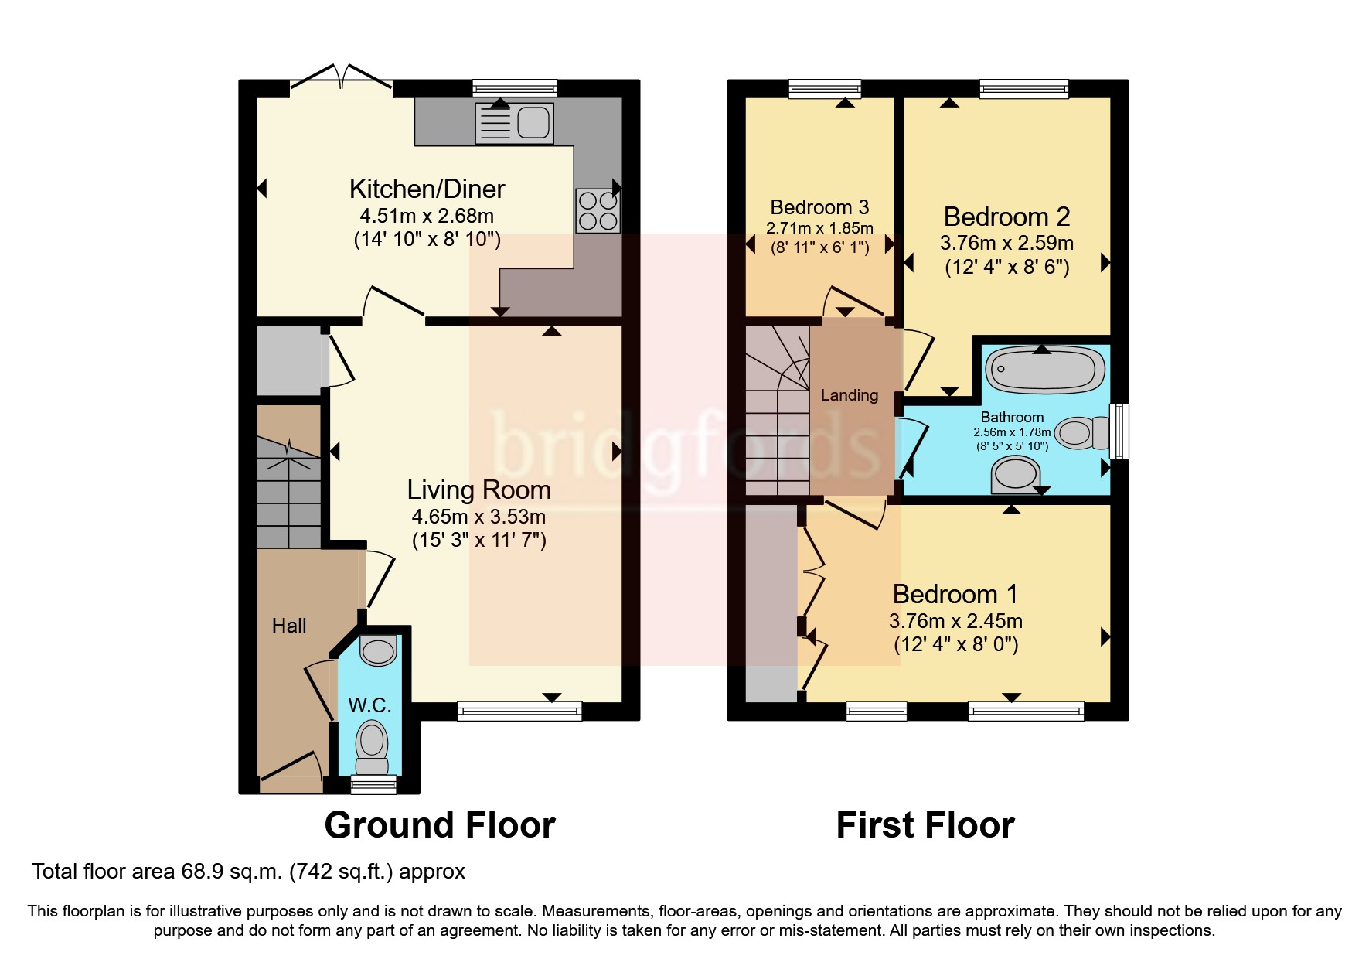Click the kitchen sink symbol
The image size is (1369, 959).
[x=514, y=123]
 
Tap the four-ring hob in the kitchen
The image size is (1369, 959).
[x=598, y=211]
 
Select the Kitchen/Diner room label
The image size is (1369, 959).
[x=427, y=189]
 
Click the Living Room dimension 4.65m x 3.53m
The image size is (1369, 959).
[x=478, y=517]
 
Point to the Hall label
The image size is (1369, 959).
[x=289, y=626]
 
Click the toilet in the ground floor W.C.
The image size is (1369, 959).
[x=372, y=747]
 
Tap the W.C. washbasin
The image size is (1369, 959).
[x=378, y=650]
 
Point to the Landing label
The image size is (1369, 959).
[x=849, y=395]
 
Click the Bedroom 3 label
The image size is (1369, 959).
[x=819, y=207]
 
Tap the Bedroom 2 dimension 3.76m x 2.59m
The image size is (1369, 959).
[x=1006, y=243]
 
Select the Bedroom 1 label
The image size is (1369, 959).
[x=955, y=594]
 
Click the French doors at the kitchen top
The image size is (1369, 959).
[x=341, y=77]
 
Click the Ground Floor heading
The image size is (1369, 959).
[x=439, y=825]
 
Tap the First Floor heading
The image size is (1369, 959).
[x=925, y=825]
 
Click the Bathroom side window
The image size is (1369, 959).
[x=1119, y=431]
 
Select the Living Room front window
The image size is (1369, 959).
[x=519, y=711]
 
